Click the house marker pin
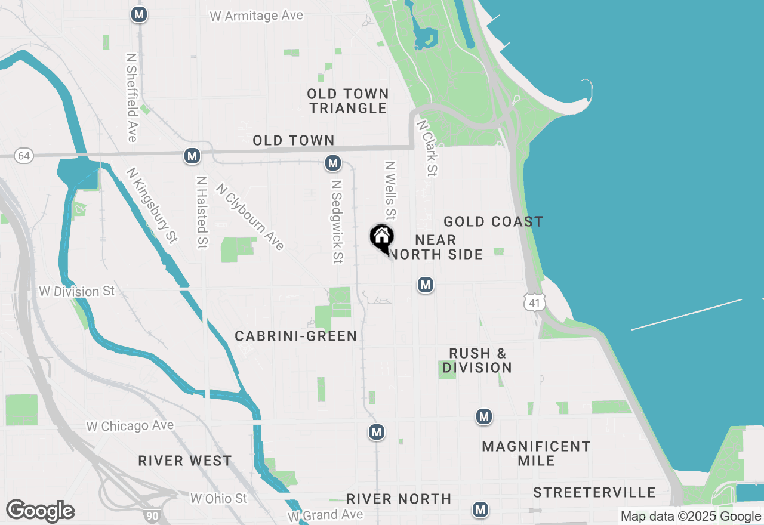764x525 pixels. coord(381,237)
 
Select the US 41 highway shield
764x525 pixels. coord(534,302)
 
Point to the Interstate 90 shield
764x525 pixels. coord(152,514)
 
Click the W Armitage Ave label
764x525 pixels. coord(256,16)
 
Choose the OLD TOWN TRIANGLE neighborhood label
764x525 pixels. coord(348,101)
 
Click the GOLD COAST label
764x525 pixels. coord(493,222)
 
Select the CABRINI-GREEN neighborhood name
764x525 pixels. coord(296,336)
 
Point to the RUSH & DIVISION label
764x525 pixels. coord(478,360)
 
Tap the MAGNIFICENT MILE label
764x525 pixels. coord(536,453)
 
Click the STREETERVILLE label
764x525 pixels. coord(594,493)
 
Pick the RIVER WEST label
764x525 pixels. coord(185,461)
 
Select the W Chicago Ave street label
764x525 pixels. coord(130,426)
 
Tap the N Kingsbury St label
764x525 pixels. coord(152,205)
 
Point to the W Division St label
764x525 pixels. coord(76,291)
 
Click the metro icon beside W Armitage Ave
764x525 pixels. coord(139,14)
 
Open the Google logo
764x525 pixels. coord(41,511)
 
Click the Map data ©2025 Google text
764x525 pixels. coord(691,517)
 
